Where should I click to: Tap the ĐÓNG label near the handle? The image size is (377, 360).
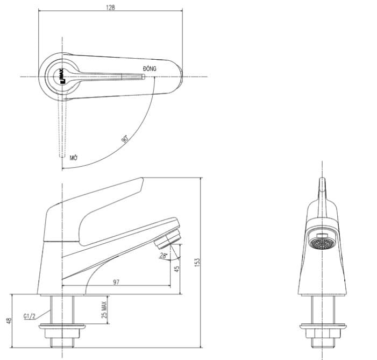tap(150, 69)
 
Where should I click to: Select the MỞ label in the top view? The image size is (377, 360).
tap(74, 158)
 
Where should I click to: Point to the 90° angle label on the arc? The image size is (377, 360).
tap(124, 139)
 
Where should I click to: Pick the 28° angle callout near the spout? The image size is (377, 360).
tap(163, 256)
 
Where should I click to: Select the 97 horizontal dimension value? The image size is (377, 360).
tap(117, 283)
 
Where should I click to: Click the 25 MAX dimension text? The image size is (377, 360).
tap(104, 310)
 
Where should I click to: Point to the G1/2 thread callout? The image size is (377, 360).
tap(30, 316)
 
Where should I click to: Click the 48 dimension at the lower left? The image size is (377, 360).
tap(9, 321)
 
